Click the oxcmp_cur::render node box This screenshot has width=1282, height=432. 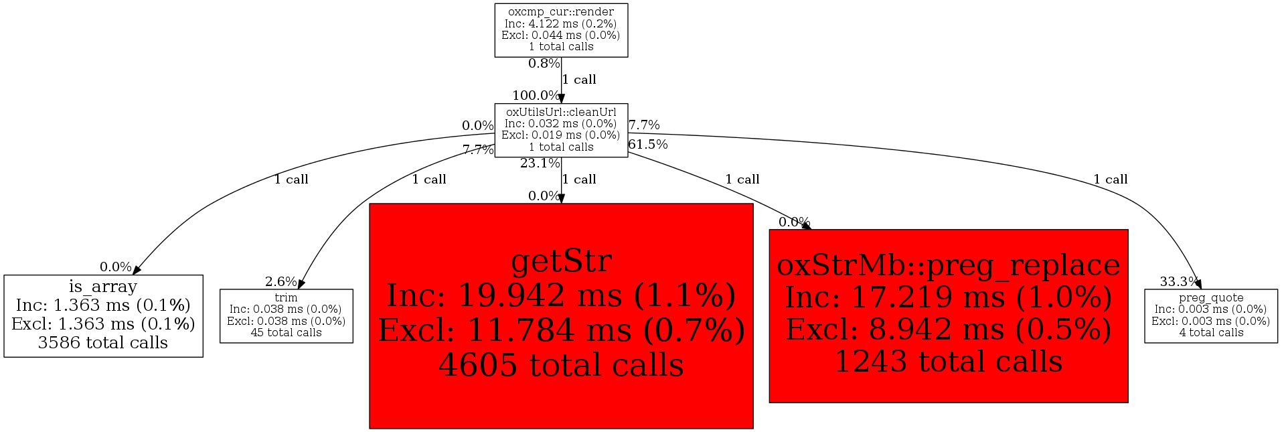pos(561,30)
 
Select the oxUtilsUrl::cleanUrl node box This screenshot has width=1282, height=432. pos(561,130)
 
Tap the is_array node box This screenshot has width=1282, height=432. pos(103,315)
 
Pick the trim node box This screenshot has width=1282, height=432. pos(286,315)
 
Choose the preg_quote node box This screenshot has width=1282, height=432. pos(1210,315)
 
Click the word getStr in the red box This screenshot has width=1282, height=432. pos(561,261)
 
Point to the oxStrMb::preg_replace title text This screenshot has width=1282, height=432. pos(948,265)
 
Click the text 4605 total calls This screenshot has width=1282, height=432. pos(561,365)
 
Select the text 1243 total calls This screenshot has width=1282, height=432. pos(948,362)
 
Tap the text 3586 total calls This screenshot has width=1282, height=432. pos(103,343)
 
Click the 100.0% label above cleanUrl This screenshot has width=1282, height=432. pos(536,96)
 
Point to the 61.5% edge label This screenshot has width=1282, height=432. pos(648,145)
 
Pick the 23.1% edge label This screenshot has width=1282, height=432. pos(540,163)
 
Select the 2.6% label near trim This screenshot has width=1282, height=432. pos(281,282)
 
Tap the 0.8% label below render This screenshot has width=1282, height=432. pos(544,64)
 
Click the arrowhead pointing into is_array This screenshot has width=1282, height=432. pos(137,270)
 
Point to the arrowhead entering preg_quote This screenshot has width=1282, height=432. pos(1198,285)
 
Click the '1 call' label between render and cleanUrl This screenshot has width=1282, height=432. pos(579,80)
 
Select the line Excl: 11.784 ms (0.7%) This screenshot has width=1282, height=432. pos(561,330)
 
